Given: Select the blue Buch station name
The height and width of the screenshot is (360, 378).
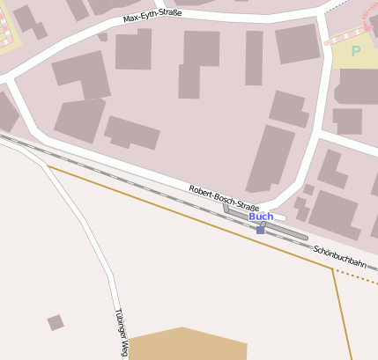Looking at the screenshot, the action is pos(261,217).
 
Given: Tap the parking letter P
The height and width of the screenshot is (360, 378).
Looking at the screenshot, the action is pos(355,52).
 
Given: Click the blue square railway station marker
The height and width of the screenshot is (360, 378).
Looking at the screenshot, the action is pos(260,231).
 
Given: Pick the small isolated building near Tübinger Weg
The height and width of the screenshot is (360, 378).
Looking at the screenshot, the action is pos(56,322).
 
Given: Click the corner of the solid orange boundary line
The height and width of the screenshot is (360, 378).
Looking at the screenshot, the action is pos(332,268).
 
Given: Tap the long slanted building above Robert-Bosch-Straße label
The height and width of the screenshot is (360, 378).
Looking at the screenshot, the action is pos(270,157).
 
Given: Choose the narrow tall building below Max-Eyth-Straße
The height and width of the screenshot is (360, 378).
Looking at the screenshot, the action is pos(254,58).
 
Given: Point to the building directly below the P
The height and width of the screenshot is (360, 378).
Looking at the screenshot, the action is pos(357,86).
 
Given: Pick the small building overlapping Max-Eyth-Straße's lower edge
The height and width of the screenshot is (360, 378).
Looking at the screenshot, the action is pos(103,38).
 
